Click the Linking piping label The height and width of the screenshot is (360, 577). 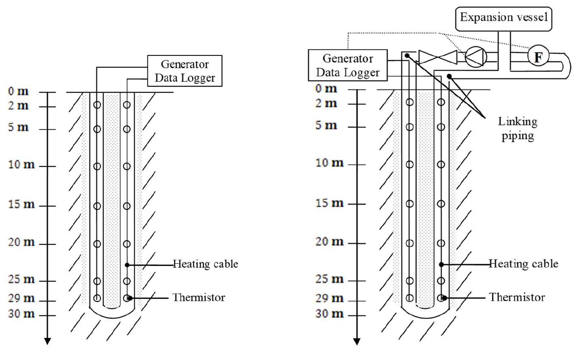click(518, 128)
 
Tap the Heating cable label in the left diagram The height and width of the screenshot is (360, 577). click(205, 264)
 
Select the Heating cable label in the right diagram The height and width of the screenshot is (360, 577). click(524, 264)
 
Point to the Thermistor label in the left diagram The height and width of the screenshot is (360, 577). click(199, 297)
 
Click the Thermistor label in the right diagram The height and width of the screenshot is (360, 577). click(517, 297)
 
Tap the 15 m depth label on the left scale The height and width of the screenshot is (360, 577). click(21, 204)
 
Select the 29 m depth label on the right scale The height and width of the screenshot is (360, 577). click(330, 298)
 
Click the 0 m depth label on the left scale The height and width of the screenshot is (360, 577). click(18, 91)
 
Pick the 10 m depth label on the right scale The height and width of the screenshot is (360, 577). click(330, 163)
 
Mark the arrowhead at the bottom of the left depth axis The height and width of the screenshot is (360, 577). click(47, 341)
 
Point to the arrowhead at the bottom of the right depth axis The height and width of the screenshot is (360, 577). click(357, 341)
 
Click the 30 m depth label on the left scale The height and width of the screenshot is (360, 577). click(21, 314)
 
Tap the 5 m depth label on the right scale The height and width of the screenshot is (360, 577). click(326, 125)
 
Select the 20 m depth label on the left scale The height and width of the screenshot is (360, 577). click(21, 242)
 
